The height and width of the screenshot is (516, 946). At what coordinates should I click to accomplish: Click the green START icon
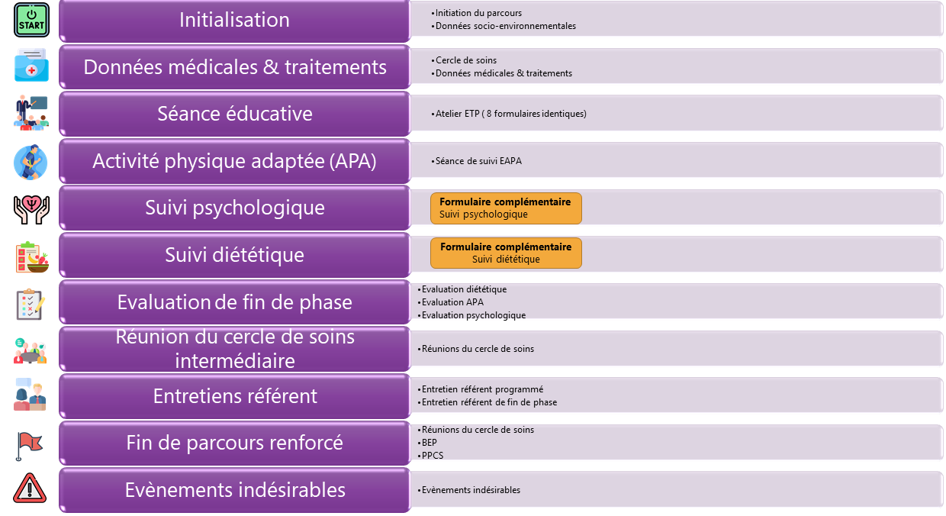[x=32, y=20]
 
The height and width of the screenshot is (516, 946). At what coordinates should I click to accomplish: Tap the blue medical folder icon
[x=32, y=65]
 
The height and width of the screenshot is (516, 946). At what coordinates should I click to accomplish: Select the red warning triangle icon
[x=30, y=488]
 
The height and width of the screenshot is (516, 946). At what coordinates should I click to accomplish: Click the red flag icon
[x=29, y=446]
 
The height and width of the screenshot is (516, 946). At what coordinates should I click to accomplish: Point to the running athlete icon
[x=31, y=163]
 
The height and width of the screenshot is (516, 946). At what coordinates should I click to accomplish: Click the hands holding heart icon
[x=31, y=210]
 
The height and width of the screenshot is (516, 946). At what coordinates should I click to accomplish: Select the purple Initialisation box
[x=234, y=21]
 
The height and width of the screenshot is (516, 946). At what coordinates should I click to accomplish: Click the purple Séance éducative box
[x=234, y=114]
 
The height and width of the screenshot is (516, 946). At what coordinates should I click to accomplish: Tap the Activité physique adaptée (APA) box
[x=234, y=161]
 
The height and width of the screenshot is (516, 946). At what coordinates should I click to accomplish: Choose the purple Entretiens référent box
[x=234, y=396]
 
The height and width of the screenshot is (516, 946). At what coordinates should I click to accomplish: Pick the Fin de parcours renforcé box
[x=234, y=443]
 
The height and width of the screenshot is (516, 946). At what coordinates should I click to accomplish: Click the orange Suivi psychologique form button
[x=506, y=208]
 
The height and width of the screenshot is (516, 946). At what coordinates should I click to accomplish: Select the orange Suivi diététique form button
[x=506, y=253]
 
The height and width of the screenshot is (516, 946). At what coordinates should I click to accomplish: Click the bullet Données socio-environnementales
[x=504, y=26]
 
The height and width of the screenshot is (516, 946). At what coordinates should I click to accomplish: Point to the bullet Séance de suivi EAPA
[x=476, y=161]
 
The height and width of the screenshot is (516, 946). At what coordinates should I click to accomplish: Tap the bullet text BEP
[x=427, y=443]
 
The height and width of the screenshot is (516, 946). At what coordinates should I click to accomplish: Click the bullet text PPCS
[x=430, y=456]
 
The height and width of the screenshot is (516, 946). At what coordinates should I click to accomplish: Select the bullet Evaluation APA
[x=451, y=302]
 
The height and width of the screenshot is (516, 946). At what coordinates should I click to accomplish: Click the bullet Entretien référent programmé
[x=481, y=389]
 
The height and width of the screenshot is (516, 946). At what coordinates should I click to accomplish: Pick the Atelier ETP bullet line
[x=509, y=114]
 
